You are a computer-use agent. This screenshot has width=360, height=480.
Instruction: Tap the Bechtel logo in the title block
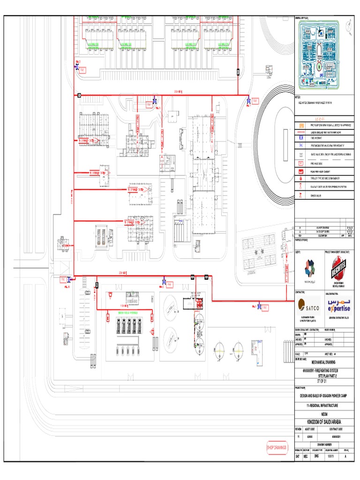pyautogui.click(x=340, y=269)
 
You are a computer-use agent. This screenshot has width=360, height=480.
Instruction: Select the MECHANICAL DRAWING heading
pyautogui.click(x=324, y=362)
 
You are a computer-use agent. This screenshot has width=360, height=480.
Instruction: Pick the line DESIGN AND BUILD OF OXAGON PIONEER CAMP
pyautogui.click(x=324, y=396)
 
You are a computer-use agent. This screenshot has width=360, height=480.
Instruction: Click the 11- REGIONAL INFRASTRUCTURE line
pyautogui.click(x=324, y=405)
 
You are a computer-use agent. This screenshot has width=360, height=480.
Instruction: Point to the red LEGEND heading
pyautogui.click(x=324, y=119)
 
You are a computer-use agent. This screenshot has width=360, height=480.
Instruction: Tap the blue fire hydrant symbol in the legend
pyautogui.click(x=300, y=139)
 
